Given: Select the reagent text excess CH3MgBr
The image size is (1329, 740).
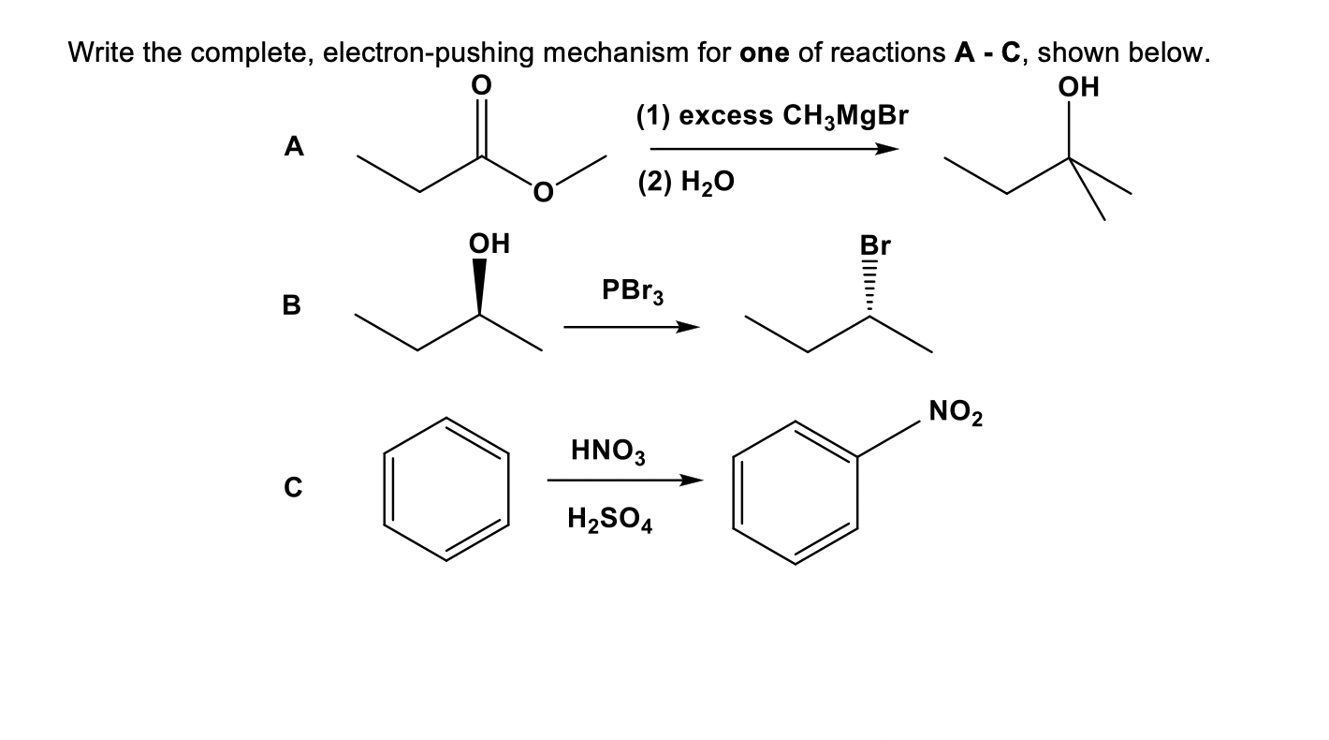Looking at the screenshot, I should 773,116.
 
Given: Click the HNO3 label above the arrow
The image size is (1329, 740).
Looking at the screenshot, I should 603,451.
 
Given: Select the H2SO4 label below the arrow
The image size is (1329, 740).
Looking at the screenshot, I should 610,519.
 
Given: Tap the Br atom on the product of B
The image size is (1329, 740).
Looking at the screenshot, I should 874,245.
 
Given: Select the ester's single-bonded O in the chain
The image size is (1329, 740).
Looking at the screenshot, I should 543,193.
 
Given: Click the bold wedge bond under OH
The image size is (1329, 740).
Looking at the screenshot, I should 479,286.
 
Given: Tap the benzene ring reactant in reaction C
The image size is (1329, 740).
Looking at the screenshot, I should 445,489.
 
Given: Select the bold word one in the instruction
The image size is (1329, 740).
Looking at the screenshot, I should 767,52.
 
